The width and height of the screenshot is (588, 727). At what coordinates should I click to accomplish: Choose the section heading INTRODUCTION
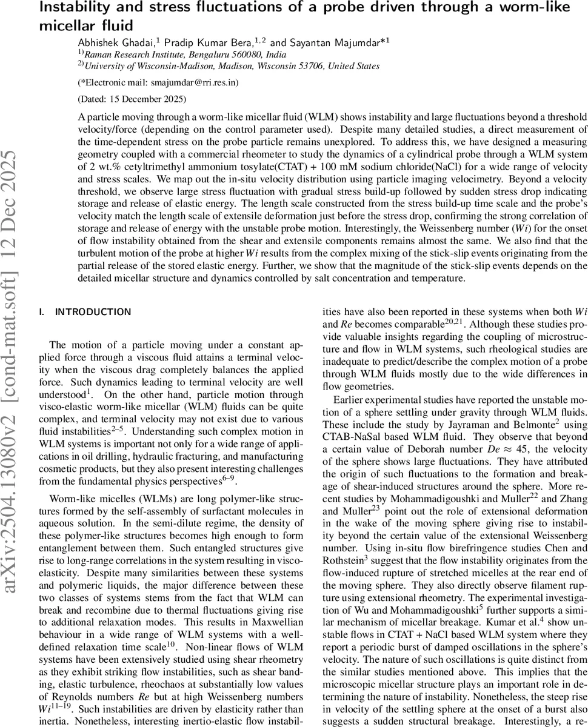coord(93,312)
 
